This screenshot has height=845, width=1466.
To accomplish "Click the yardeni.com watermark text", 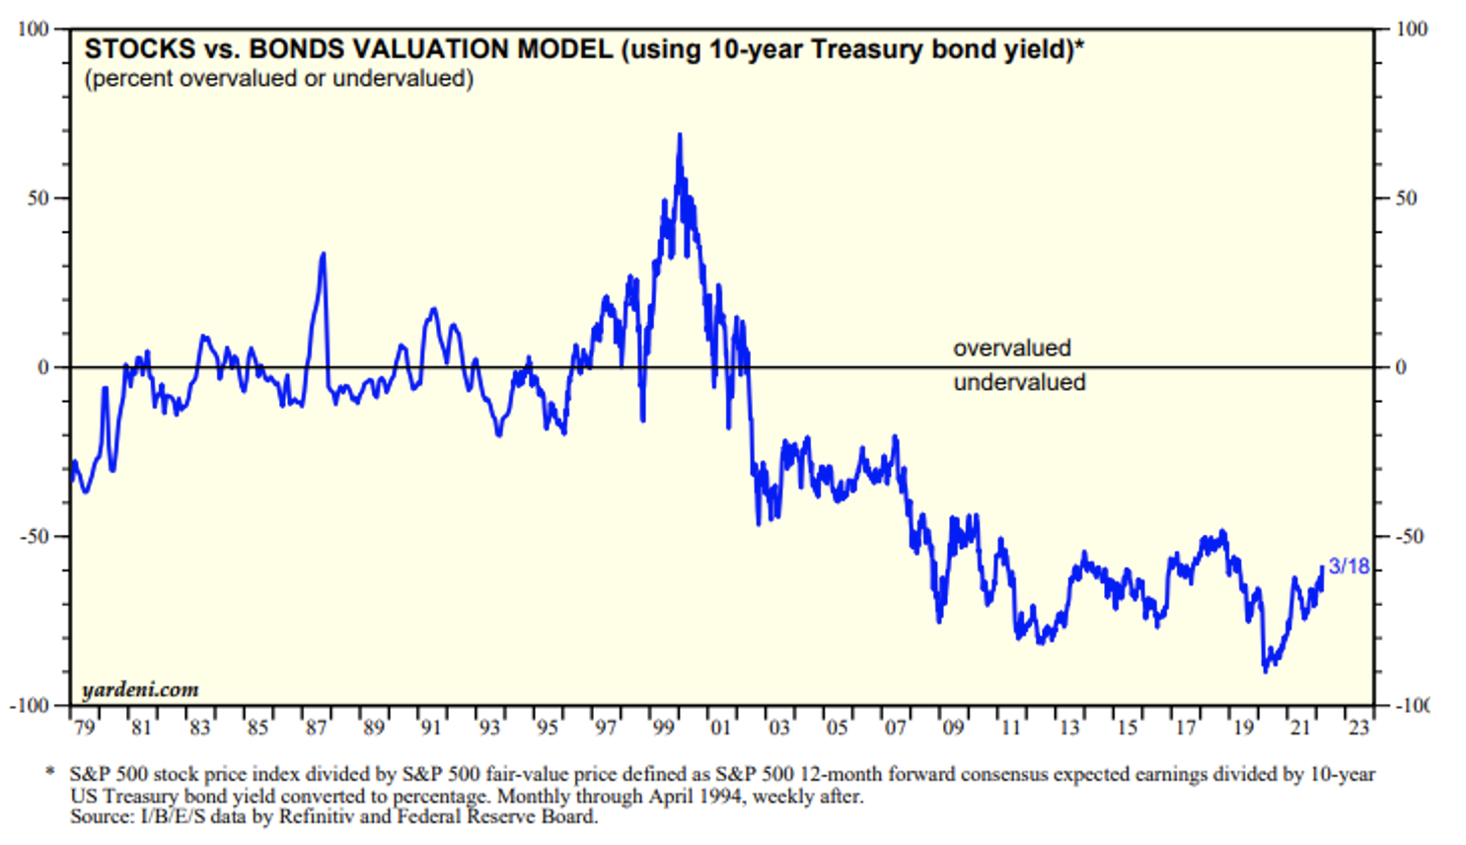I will click(140, 689).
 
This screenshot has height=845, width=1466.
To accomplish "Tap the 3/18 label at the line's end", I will click(1349, 567).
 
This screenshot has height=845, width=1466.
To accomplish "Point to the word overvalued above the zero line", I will click(1011, 348).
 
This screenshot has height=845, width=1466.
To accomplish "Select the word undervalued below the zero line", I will click(1019, 383).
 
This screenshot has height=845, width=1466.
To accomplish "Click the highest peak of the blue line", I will click(680, 135).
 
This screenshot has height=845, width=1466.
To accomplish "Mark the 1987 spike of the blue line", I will click(323, 255).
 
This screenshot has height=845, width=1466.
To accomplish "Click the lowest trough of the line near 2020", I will click(1266, 670).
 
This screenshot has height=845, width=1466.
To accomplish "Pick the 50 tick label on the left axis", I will click(37, 198).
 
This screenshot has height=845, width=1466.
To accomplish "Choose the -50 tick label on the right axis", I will click(1410, 537).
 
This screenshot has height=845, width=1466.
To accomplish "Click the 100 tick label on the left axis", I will click(33, 30).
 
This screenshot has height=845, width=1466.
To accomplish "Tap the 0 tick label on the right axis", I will click(1400, 368).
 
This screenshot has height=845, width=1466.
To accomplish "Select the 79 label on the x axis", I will click(84, 728).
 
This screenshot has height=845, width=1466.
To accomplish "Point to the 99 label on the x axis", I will click(663, 728).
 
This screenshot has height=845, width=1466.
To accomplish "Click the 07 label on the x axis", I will click(895, 728).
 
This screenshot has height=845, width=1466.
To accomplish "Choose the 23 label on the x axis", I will click(1358, 728).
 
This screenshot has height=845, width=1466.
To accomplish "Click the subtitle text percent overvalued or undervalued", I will click(279, 79).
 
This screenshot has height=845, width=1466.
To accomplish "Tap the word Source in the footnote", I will click(95, 816).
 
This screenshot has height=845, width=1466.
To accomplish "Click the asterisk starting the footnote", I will click(50, 772).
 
